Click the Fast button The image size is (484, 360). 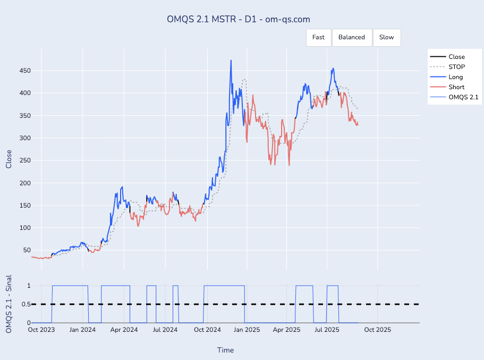pyautogui.click(x=318, y=37)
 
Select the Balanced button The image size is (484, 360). pyautogui.click(x=352, y=37)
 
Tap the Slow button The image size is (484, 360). pyautogui.click(x=387, y=37)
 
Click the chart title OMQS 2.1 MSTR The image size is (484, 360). pyautogui.click(x=239, y=19)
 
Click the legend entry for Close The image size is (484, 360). pyautogui.click(x=456, y=57)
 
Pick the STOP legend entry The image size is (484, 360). pyautogui.click(x=456, y=67)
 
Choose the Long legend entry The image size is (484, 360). pyautogui.click(x=455, y=77)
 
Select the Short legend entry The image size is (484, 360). pyautogui.click(x=456, y=87)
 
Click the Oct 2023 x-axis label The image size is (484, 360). pyautogui.click(x=41, y=330)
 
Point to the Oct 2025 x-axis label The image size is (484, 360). pyautogui.click(x=377, y=330)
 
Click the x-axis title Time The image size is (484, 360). pyautogui.click(x=225, y=350)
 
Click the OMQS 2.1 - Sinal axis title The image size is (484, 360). pyautogui.click(x=9, y=304)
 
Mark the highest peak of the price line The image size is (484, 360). pyautogui.click(x=231, y=61)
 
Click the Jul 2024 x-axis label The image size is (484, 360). pyautogui.click(x=165, y=330)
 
